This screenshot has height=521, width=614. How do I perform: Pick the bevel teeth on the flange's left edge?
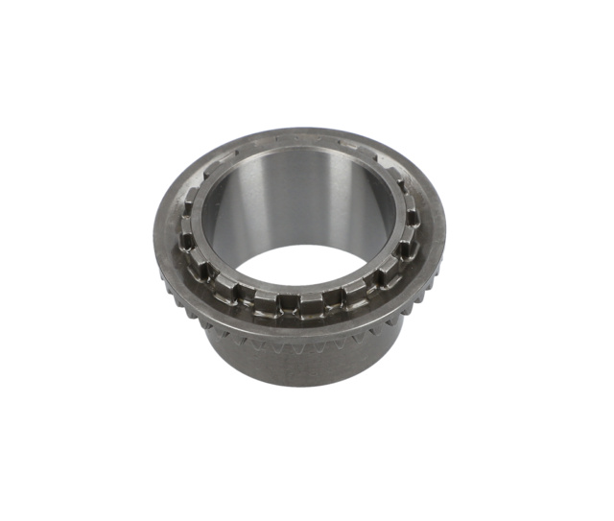point(182,288)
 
